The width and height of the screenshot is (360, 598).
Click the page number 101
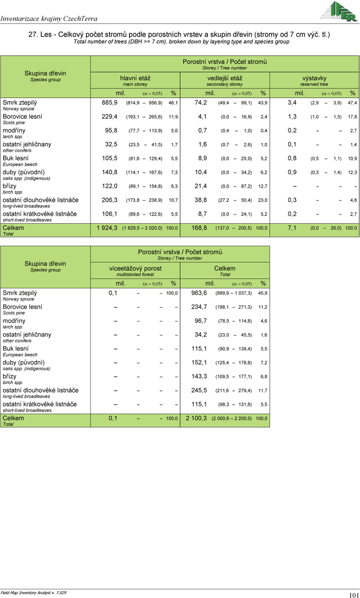click(x=353, y=595)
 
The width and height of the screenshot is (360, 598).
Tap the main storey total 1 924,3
click(x=107, y=228)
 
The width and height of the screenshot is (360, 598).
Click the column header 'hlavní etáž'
click(x=135, y=78)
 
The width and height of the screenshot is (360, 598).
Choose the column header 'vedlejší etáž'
click(x=225, y=78)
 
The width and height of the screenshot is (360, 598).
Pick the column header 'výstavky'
click(x=314, y=78)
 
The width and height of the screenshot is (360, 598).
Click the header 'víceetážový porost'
click(x=135, y=268)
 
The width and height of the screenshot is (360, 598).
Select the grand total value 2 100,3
click(x=196, y=418)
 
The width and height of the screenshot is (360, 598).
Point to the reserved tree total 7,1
click(x=292, y=228)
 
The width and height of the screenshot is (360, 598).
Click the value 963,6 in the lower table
click(x=199, y=293)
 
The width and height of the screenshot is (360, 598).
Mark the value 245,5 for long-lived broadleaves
click(x=199, y=390)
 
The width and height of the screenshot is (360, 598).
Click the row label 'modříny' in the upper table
click(x=14, y=130)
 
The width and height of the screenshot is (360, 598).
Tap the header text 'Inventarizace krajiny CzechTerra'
click(x=49, y=18)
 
